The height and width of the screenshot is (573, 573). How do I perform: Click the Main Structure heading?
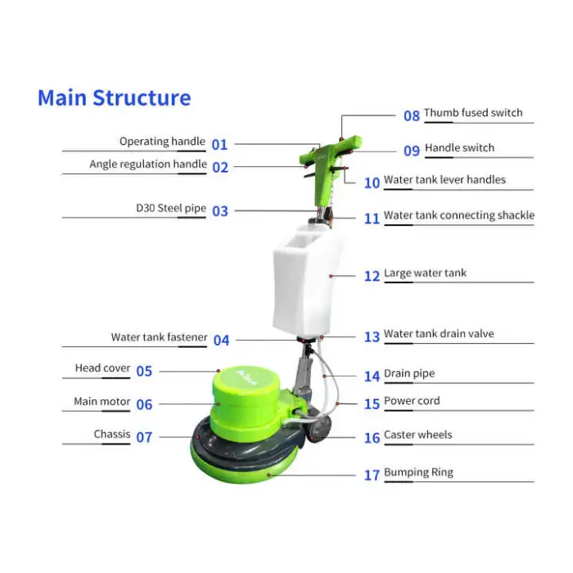pyautogui.click(x=114, y=98)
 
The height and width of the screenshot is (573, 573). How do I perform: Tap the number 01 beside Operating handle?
pyautogui.click(x=219, y=145)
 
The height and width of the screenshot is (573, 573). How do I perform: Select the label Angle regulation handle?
pyautogui.click(x=148, y=165)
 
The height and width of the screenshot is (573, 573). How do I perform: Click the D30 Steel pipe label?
pyautogui.click(x=171, y=209)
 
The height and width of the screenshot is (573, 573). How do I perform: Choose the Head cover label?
pyautogui.click(x=102, y=368)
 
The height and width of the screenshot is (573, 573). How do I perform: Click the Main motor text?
pyautogui.click(x=102, y=402)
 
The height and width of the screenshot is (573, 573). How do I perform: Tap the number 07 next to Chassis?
pyautogui.click(x=144, y=437)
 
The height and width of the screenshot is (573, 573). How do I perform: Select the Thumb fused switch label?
pyautogui.click(x=472, y=113)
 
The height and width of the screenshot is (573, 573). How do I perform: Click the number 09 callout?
pyautogui.click(x=411, y=151)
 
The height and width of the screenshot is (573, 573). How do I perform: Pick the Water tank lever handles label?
pyautogui.click(x=444, y=180)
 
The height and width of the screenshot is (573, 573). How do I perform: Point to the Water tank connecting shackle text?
pyautogui.click(x=458, y=216)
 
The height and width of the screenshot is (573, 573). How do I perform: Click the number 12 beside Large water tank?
pyautogui.click(x=372, y=277)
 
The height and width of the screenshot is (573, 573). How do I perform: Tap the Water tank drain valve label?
pyautogui.click(x=439, y=334)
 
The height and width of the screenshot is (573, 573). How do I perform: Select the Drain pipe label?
pyautogui.click(x=409, y=374)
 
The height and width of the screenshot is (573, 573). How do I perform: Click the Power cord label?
pyautogui.click(x=412, y=401)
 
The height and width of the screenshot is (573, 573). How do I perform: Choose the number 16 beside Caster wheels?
pyautogui.click(x=372, y=438)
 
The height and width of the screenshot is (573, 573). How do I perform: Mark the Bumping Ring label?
pyautogui.click(x=418, y=472)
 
